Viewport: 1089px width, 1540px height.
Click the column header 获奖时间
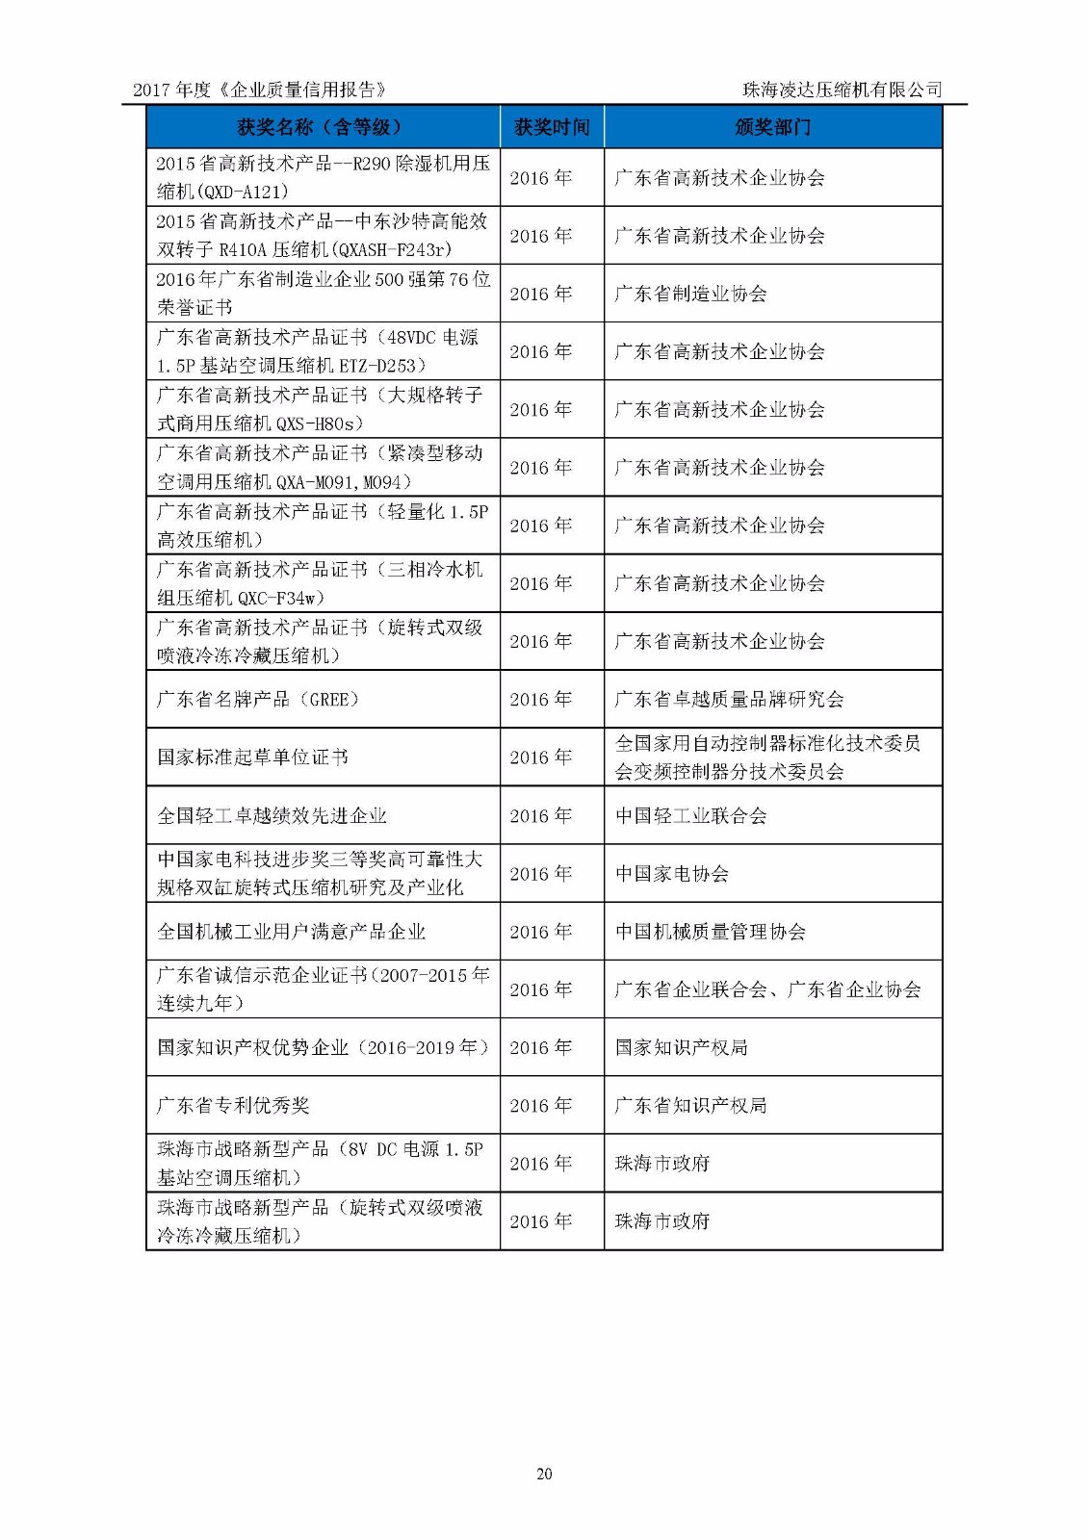552,127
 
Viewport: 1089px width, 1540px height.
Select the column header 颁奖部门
772,127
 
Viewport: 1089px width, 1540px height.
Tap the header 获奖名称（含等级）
323,127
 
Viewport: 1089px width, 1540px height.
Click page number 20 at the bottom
544,1474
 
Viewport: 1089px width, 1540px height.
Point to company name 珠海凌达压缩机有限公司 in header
842,90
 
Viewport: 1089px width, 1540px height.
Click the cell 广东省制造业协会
690,294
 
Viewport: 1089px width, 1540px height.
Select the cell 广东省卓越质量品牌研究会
729,699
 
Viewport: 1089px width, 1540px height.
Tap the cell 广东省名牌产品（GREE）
258,699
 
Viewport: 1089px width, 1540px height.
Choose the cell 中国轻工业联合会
690,816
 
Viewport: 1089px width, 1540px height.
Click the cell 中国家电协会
671,874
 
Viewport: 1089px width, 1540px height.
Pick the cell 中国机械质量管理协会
710,932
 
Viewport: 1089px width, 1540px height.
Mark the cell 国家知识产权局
681,1047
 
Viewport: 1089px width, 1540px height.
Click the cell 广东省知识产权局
690,1105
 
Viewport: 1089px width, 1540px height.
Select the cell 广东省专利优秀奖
233,1105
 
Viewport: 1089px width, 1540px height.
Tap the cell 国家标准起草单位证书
252,757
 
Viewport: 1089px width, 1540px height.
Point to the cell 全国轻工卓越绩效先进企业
272,816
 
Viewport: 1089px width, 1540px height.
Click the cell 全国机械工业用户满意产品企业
291,932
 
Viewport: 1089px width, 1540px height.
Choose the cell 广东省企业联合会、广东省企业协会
767,989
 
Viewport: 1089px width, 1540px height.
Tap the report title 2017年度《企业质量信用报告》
260,90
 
